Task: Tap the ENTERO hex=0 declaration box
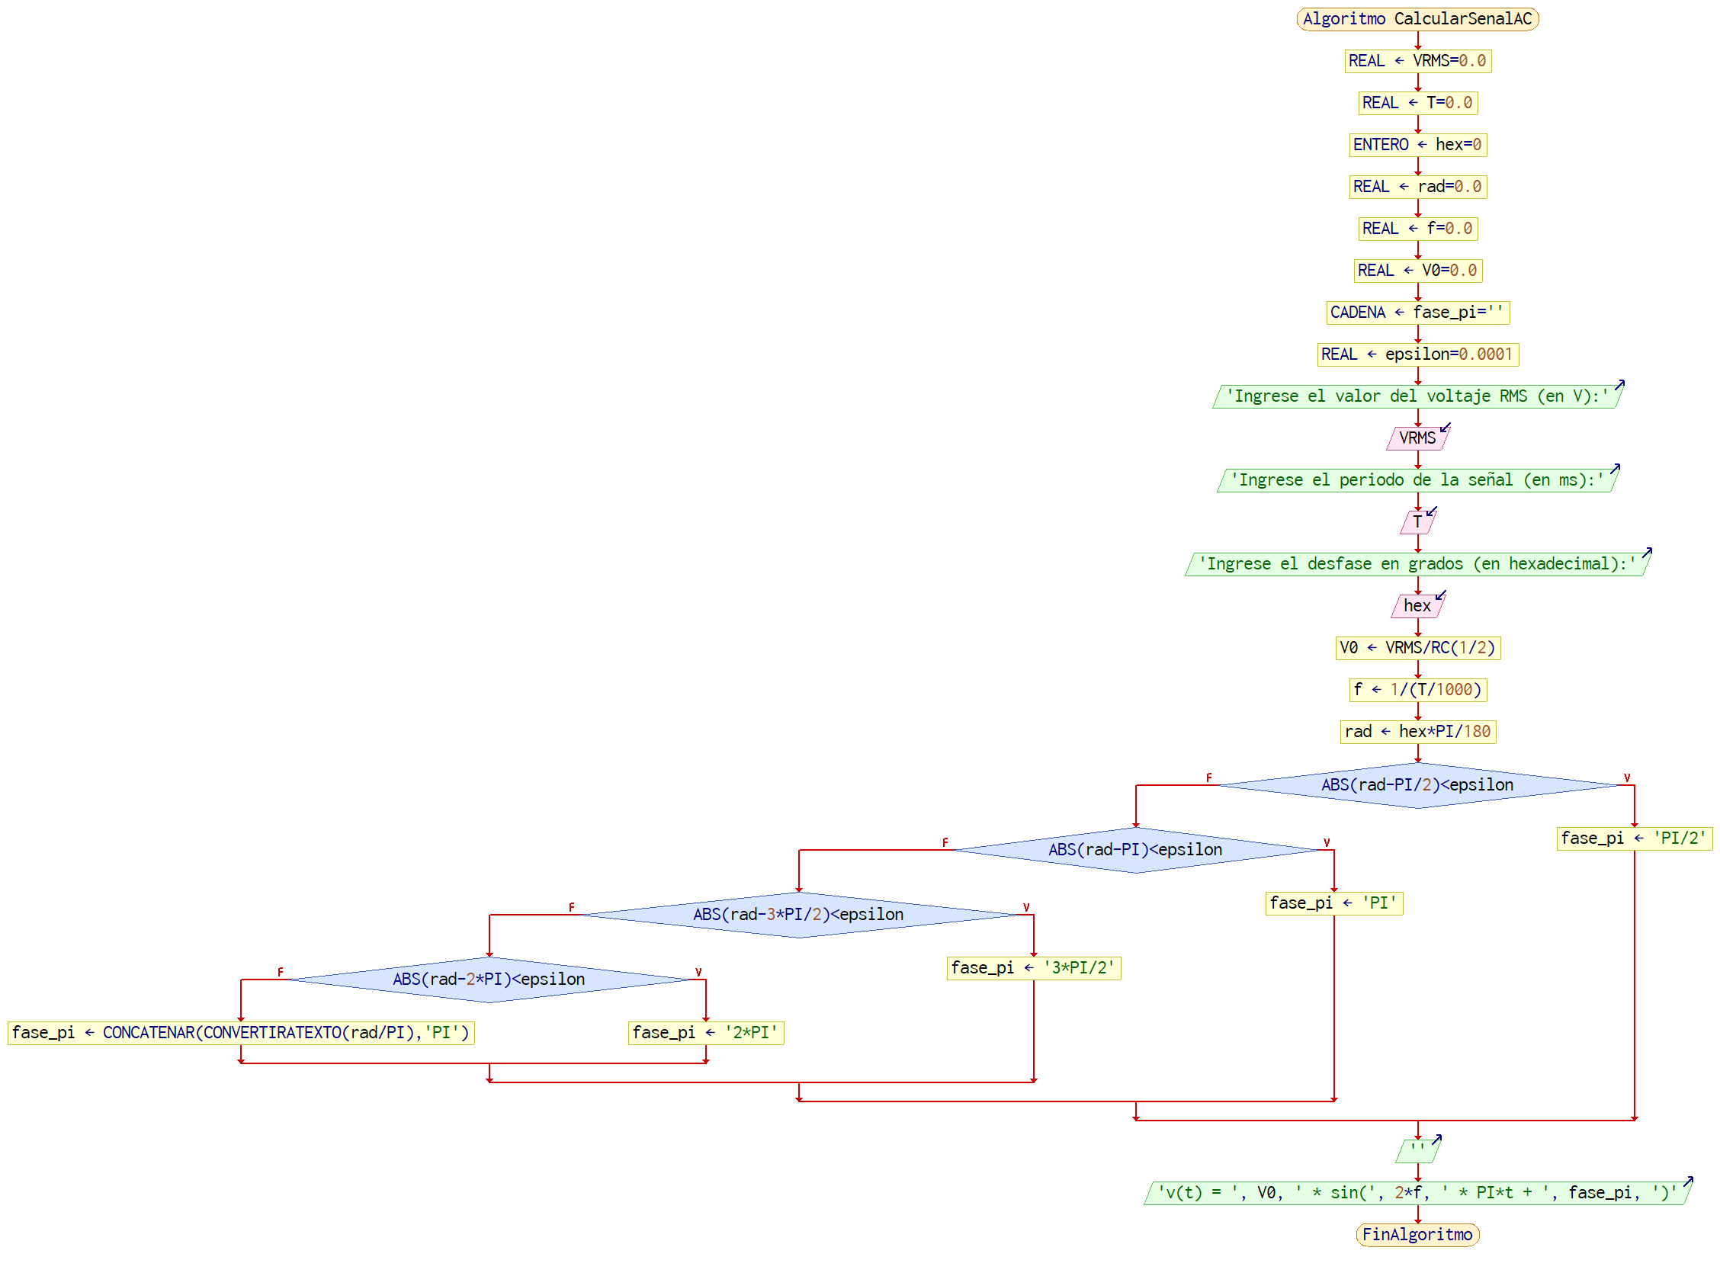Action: point(1417,145)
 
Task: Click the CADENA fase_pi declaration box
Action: point(1417,312)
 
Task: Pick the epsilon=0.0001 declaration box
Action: point(1417,354)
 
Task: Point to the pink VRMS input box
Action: point(1417,438)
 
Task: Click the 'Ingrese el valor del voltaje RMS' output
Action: point(1417,396)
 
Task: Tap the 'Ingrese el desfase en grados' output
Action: point(1417,564)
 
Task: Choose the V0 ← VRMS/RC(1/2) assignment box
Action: point(1417,648)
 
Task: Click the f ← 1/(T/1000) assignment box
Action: point(1417,690)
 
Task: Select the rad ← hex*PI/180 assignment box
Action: point(1417,732)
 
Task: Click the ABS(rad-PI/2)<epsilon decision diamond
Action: point(1417,785)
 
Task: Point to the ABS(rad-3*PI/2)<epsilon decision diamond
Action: point(798,915)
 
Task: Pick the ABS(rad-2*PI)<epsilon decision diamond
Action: point(489,980)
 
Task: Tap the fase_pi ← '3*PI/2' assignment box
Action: point(1032,968)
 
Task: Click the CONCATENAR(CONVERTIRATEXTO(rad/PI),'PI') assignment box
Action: point(240,1033)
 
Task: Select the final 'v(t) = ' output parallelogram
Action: point(1417,1193)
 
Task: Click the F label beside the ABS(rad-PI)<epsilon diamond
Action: point(945,842)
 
